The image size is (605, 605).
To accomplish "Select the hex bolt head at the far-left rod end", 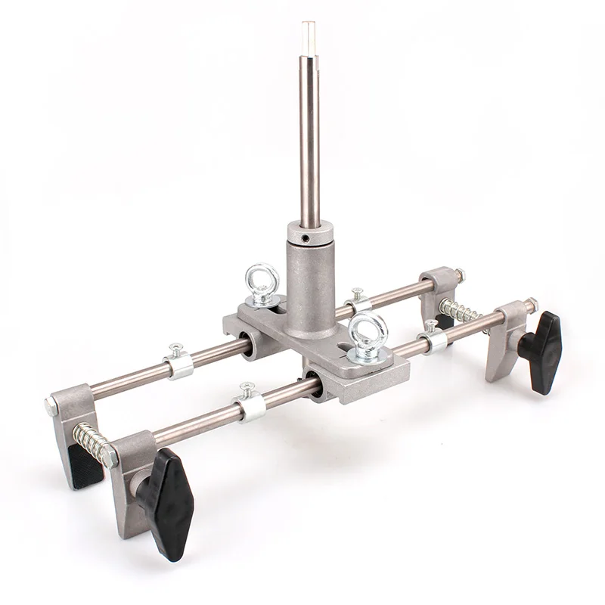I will point(51,406).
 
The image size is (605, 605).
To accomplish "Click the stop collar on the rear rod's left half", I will point(178,364).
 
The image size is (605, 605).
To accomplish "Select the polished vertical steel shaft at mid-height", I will point(309,129).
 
